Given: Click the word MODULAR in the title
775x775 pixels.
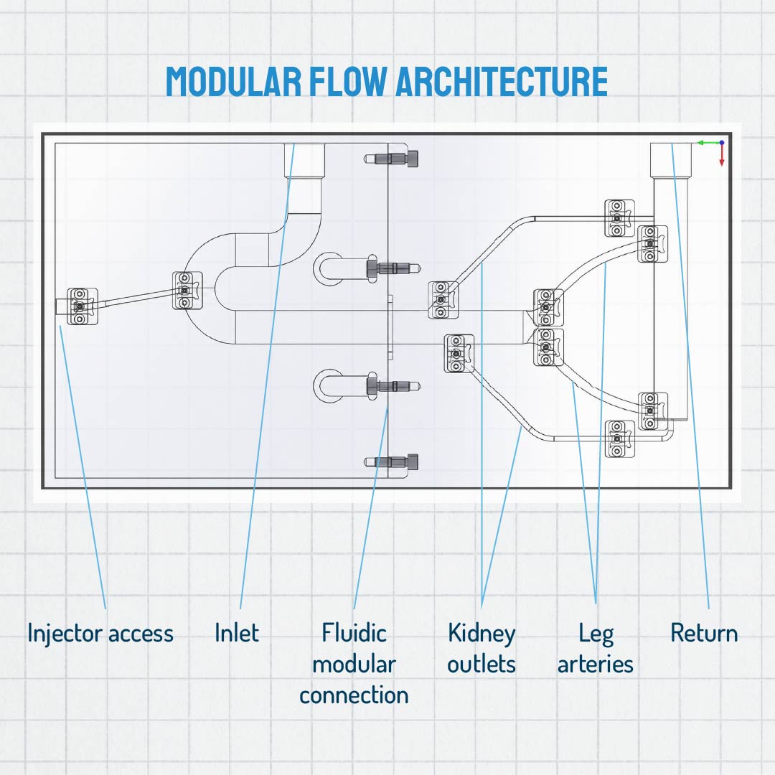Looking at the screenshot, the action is pos(233,81).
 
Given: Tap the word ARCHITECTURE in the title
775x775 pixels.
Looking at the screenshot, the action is pos(502,81).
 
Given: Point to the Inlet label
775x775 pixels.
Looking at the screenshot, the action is pos(237,633).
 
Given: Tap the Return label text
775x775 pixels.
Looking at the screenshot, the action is pos(704,633).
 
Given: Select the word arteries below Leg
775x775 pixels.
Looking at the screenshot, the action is pos(596,664).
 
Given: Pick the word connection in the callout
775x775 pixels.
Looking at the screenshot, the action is pos(354,695).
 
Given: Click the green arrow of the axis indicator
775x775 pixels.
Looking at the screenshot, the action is pos(708,143).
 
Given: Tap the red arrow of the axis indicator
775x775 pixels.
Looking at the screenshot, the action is pos(722,155).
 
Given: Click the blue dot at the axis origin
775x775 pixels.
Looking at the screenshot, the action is pos(722,143).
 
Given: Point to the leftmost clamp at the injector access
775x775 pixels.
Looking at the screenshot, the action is pos(82,306).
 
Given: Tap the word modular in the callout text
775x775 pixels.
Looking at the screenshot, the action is pos(354,664).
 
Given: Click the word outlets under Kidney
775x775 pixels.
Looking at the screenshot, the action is pos(482,664).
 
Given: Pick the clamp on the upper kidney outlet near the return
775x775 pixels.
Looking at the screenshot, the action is pos(620,218).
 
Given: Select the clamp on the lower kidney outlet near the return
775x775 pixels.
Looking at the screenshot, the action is pos(620,439).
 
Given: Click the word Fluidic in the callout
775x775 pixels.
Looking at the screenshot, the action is pos(354,633).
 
